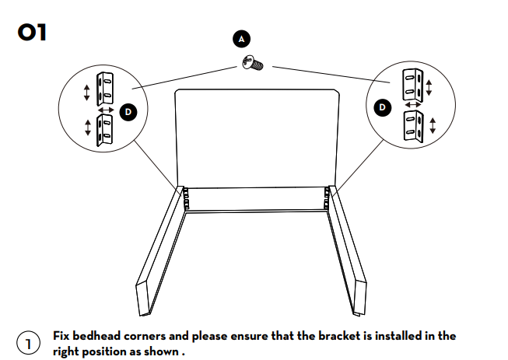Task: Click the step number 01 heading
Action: pos(32,33)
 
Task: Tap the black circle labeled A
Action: pos(242,38)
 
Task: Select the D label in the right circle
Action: pos(382,107)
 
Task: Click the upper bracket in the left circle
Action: pos(104,88)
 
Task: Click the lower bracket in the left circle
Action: pos(104,130)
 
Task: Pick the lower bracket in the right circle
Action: pos(412,126)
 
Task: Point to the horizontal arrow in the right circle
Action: pos(413,104)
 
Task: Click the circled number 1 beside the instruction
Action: pos(27,343)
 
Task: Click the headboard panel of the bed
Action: pos(258,136)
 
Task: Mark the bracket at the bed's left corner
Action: pos(186,197)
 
